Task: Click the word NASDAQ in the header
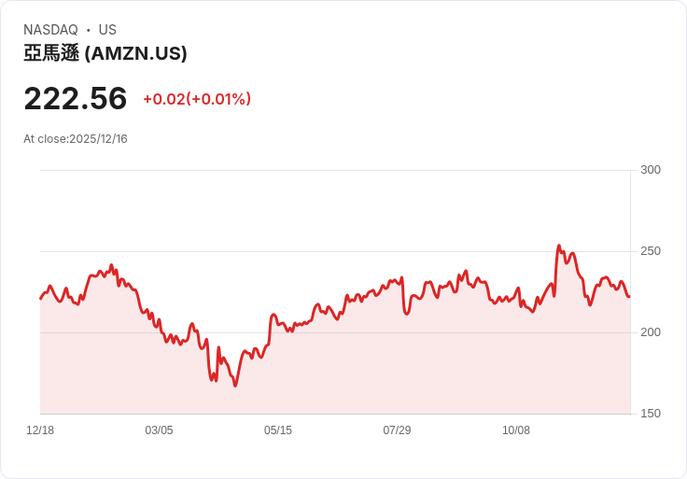point(50,30)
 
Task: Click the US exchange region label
point(107,30)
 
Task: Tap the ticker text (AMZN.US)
point(136,54)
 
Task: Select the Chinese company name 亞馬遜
point(51,54)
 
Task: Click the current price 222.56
point(75,99)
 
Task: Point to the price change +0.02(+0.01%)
point(197,99)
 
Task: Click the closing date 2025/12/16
point(98,139)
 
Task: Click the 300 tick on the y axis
point(651,170)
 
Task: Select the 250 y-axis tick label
point(651,251)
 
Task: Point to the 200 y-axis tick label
point(651,332)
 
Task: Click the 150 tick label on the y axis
point(651,414)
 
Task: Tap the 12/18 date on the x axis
point(40,430)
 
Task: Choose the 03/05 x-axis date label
point(159,430)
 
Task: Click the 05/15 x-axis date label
point(278,430)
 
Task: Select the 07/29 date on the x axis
point(397,430)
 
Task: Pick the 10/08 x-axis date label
point(516,430)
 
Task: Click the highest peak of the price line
point(558,247)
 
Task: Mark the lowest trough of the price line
point(235,386)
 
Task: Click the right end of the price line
point(629,296)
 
